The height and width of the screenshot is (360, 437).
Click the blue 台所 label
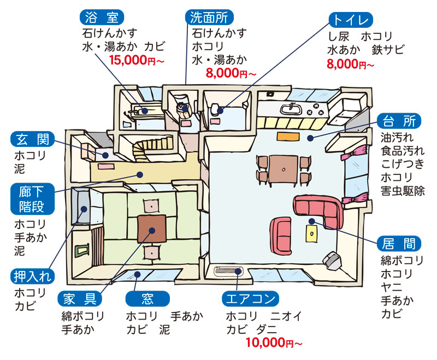(x=399, y=120)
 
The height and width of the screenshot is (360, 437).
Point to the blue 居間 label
(x=399, y=243)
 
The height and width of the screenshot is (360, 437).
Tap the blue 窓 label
(x=147, y=299)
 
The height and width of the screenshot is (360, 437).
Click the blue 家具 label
(x=80, y=299)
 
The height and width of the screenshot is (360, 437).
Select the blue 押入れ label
(x=33, y=276)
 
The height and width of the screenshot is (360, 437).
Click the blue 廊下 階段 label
(x=33, y=199)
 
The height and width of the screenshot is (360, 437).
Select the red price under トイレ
(x=350, y=64)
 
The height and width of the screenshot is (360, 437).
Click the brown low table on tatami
(x=152, y=228)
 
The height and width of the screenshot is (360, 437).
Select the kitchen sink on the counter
(x=291, y=109)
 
